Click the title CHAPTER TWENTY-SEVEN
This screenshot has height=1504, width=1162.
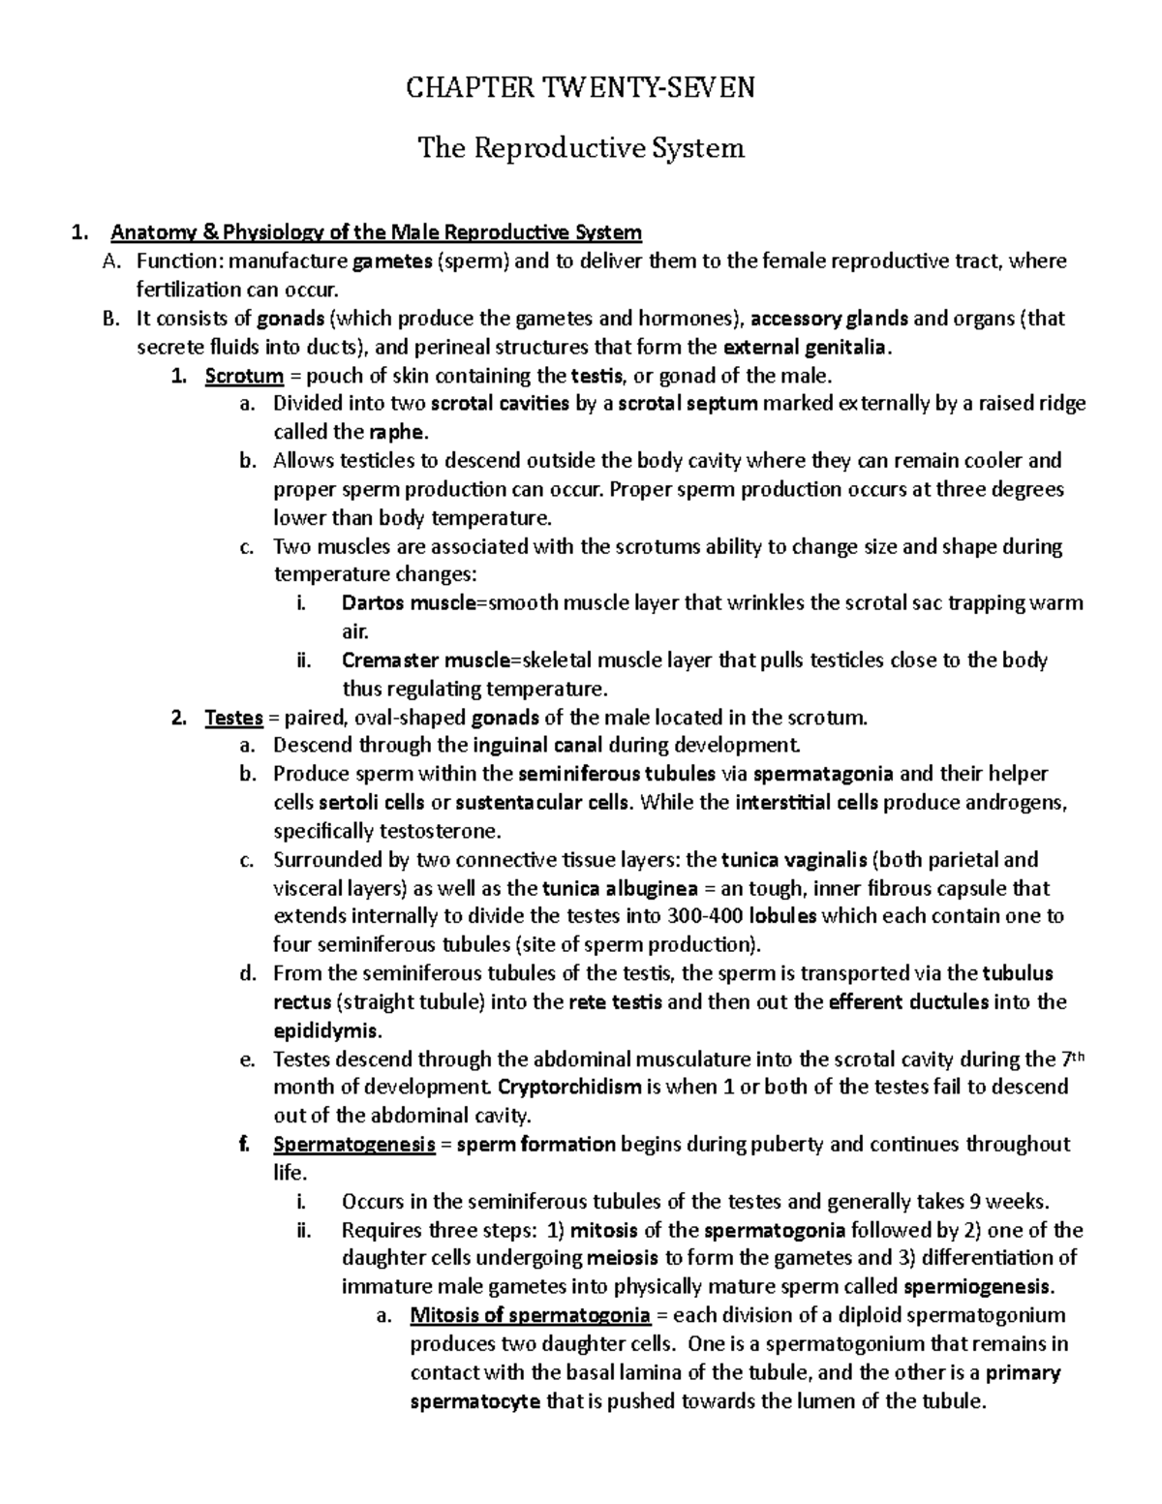point(580,89)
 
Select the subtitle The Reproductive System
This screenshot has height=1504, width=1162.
point(580,148)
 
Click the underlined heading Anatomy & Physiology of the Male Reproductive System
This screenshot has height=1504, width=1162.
point(377,232)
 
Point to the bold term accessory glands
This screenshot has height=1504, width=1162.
point(830,319)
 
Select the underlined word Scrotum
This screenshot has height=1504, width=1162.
point(244,376)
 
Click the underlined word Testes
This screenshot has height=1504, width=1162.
point(234,718)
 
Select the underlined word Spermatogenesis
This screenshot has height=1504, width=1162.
point(353,1144)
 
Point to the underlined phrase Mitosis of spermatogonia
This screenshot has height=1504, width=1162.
point(530,1315)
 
